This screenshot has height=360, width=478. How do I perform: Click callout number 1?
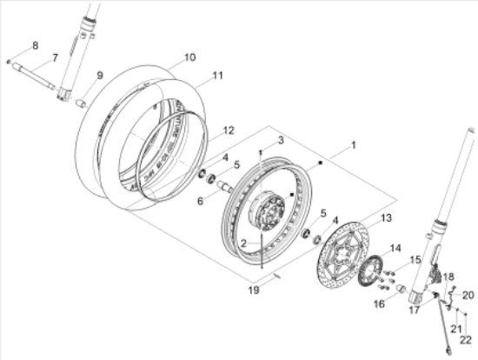[x=354, y=143]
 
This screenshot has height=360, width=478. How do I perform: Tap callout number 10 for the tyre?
[x=189, y=59]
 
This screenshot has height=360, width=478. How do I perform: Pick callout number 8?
[x=35, y=45]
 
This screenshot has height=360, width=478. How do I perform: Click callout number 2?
[x=246, y=244]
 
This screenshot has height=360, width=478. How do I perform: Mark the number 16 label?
[x=379, y=304]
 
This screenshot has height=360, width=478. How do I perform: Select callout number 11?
[x=216, y=76]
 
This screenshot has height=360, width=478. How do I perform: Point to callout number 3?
[x=281, y=140]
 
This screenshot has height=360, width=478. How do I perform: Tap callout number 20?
[x=467, y=295]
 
